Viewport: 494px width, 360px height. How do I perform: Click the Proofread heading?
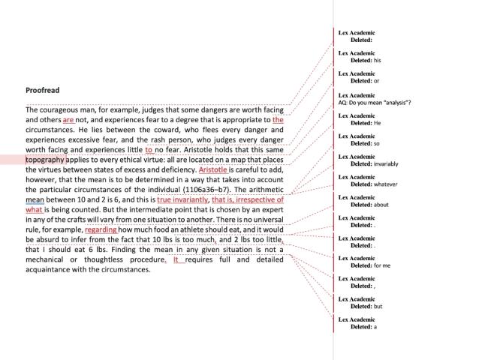43,90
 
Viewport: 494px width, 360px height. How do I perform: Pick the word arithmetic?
262,190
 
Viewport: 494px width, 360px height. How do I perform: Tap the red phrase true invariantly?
183,200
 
